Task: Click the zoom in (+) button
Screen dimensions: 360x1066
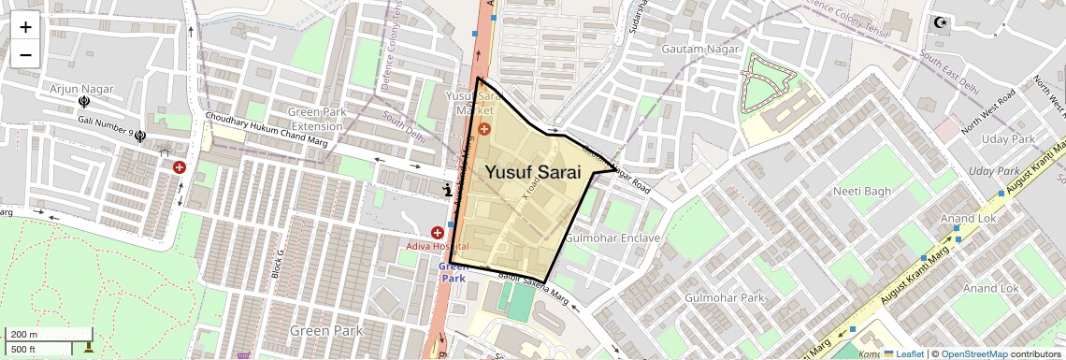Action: (25, 26)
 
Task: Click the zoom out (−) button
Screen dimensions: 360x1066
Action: (25, 54)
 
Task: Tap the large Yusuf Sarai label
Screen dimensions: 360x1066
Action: (533, 173)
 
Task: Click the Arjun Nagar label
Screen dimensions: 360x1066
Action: (82, 89)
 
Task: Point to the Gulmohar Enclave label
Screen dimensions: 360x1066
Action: (612, 238)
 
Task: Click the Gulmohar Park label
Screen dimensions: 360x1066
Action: (724, 298)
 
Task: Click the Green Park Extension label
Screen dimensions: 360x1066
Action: (316, 120)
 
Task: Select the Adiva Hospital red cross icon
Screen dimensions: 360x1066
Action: (437, 232)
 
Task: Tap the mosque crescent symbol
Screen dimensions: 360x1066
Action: (940, 22)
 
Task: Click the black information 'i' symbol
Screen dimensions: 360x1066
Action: (448, 190)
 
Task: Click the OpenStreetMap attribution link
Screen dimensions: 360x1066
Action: (974, 353)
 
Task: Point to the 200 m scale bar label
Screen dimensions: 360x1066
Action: (25, 334)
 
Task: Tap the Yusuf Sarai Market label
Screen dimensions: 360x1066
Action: (474, 103)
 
